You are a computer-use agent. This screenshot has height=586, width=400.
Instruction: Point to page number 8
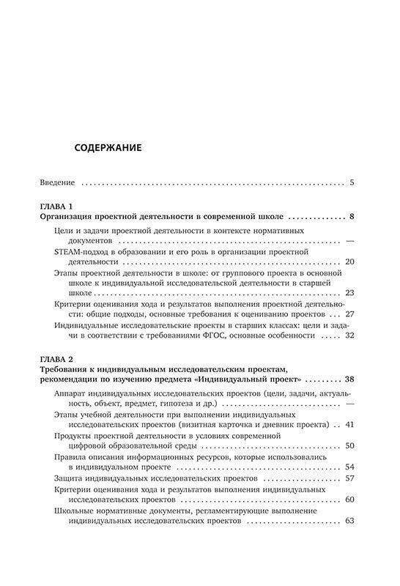352,218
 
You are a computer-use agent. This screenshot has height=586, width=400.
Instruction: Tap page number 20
349,261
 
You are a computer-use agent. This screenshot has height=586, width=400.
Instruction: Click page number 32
349,335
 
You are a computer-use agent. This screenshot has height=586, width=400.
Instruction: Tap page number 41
349,424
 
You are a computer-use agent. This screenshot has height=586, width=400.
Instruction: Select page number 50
349,445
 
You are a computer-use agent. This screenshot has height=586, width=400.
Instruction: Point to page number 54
349,467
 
